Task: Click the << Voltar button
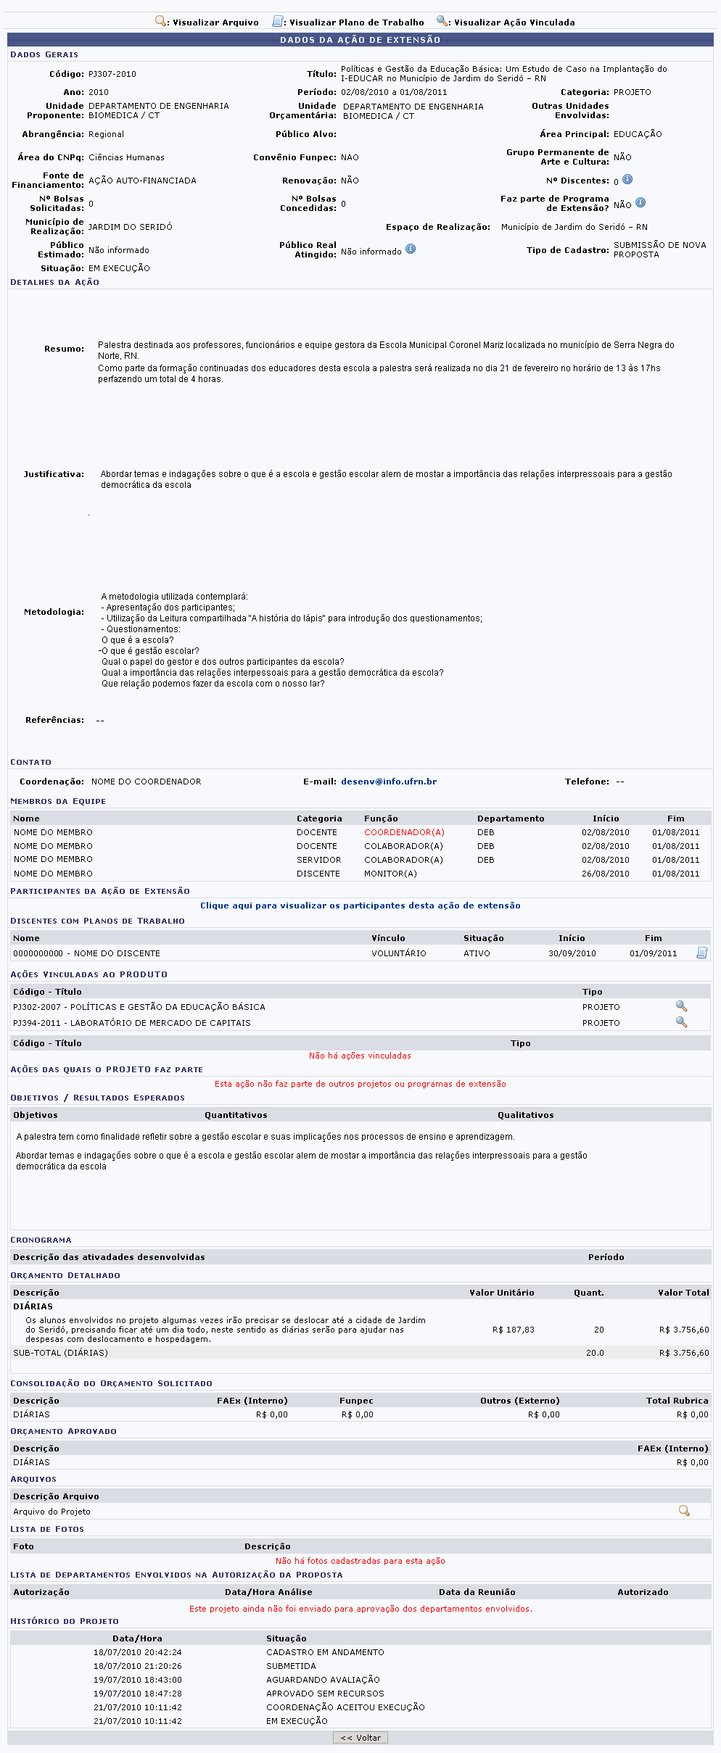[x=360, y=1737]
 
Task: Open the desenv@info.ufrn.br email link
[x=389, y=782]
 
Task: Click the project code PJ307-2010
[x=112, y=74]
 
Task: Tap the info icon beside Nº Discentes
[x=627, y=179]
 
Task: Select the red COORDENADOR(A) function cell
[x=404, y=832]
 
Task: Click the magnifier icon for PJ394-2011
[x=681, y=1021]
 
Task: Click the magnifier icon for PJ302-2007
[x=681, y=1006]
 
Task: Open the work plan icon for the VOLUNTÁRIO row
[x=701, y=953]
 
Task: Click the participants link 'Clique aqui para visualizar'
[x=360, y=905]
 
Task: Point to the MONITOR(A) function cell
[x=390, y=874]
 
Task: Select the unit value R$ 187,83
[x=513, y=1330]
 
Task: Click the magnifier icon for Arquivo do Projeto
[x=683, y=1511]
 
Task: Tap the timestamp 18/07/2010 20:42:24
[x=138, y=1652]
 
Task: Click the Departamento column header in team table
[x=511, y=819]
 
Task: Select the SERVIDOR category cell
[x=318, y=860]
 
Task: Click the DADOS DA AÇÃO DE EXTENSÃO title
[x=360, y=40]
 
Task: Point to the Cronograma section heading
[x=41, y=1240]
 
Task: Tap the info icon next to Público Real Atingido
[x=411, y=249]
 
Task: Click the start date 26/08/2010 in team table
[x=605, y=874]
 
